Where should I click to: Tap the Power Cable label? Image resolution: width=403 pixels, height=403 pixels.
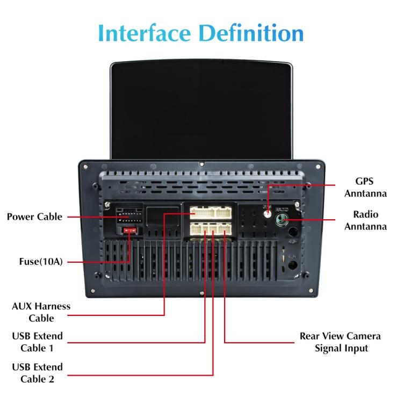[34, 217]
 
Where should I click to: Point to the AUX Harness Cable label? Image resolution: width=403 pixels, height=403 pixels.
[41, 312]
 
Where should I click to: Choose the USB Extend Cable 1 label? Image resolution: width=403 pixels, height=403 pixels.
[37, 342]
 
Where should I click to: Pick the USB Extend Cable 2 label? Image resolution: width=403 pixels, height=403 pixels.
[37, 373]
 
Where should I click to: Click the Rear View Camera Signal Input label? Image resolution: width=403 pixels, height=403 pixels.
[340, 342]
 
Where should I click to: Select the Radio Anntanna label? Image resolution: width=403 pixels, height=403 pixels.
[365, 220]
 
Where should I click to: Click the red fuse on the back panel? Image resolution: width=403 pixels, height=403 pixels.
[129, 231]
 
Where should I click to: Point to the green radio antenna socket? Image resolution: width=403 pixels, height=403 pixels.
[282, 218]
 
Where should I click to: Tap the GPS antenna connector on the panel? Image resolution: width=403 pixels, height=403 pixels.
[267, 212]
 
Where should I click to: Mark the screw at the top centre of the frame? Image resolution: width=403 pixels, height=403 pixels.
[201, 164]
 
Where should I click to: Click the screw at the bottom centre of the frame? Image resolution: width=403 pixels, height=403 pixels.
[201, 293]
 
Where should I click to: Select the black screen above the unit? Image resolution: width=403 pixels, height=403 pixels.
[201, 110]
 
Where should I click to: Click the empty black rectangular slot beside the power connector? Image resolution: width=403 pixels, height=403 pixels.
[162, 217]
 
